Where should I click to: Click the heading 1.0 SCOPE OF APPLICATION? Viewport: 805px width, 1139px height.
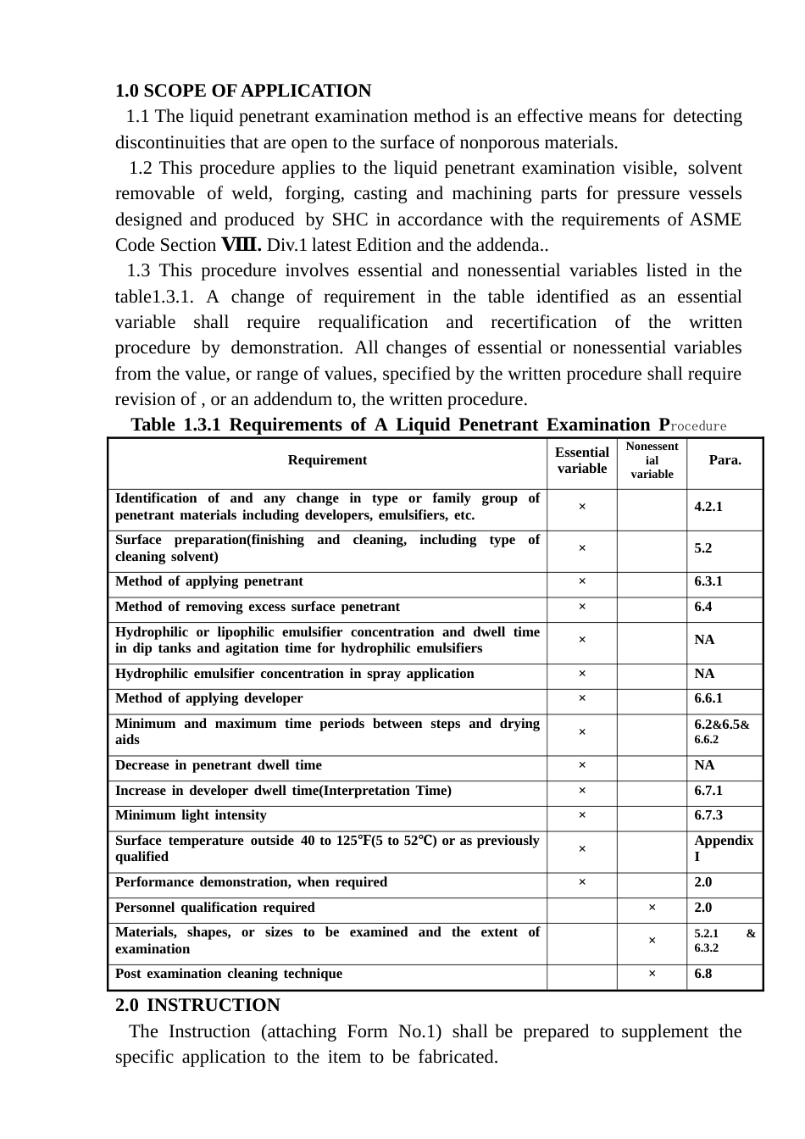pos(243,91)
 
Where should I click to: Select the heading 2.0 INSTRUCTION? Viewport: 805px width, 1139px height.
pos(197,1005)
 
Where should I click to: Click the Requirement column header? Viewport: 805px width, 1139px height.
pos(327,460)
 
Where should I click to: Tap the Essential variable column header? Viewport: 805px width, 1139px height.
pos(582,460)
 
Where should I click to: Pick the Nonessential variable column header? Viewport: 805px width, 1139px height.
pos(652,460)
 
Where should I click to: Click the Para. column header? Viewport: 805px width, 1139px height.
pos(724,460)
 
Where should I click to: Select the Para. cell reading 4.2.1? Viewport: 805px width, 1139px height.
pos(708,507)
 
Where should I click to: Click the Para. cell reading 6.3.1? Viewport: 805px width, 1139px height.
pos(708,581)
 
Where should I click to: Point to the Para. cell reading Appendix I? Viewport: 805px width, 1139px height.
pos(723,848)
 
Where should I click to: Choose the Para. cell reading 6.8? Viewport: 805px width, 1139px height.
pos(703,974)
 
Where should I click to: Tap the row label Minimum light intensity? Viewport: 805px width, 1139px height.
pos(191,815)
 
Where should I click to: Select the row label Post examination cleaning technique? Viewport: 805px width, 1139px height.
pos(229,974)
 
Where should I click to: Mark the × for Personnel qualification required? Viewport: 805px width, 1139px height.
pos(652,908)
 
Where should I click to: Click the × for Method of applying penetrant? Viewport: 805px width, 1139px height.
pos(582,582)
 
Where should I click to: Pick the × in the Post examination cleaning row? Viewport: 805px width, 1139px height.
pos(652,975)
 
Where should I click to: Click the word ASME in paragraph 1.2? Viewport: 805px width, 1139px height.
pos(717,219)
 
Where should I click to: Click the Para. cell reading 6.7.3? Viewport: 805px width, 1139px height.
pos(708,815)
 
